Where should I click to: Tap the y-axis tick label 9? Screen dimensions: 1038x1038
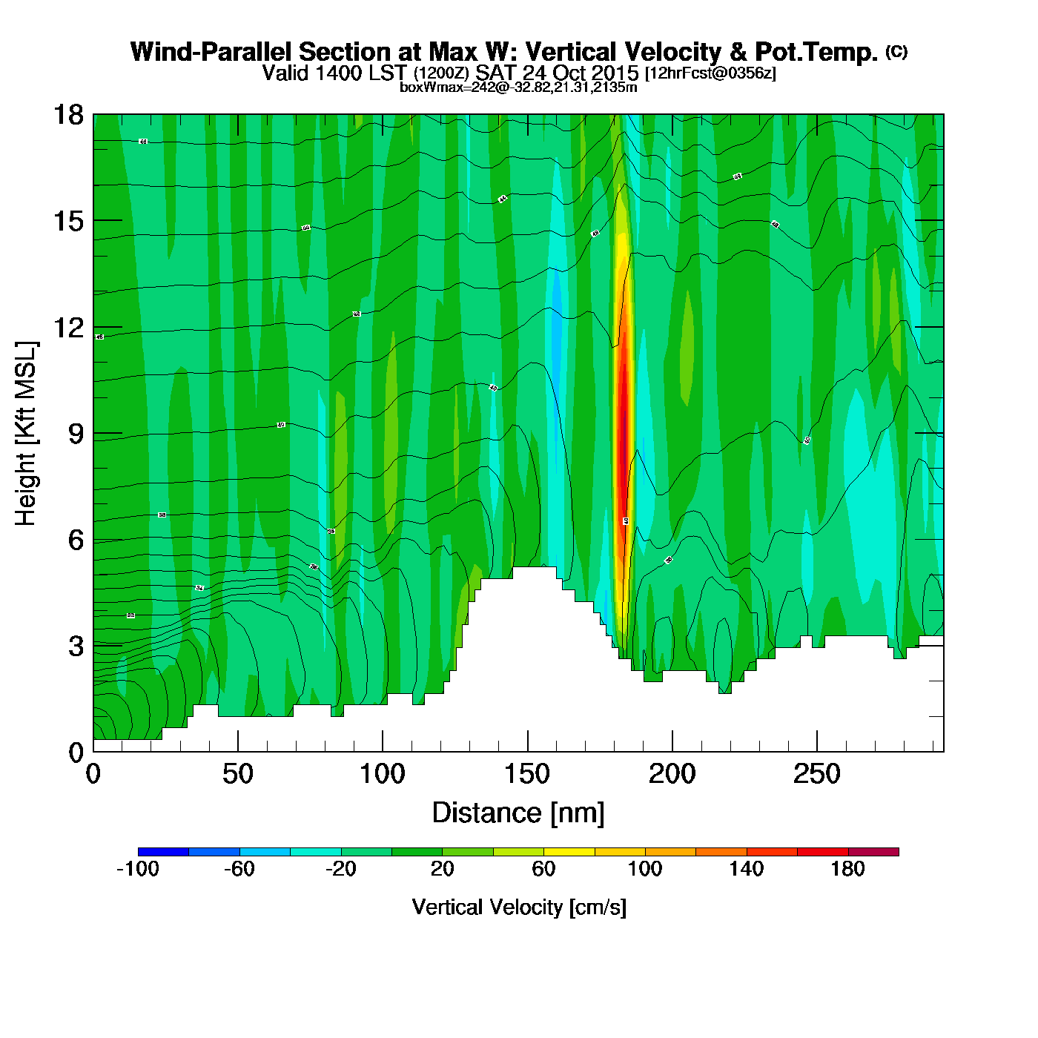pos(76,434)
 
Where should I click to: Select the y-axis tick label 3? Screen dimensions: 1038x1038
pos(76,647)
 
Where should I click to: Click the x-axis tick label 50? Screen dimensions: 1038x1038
pos(237,775)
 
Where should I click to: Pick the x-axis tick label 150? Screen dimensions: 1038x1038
pos(527,775)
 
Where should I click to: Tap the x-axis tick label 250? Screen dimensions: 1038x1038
pos(816,775)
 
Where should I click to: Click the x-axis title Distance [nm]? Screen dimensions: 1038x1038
pos(518,813)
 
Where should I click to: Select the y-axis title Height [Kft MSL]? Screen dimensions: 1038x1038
pos(26,434)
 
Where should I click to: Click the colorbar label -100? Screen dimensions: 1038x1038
pos(138,869)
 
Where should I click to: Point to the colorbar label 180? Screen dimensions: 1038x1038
pos(847,869)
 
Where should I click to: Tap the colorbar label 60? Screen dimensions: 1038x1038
pos(543,869)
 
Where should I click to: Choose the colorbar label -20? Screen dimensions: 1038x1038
pos(340,869)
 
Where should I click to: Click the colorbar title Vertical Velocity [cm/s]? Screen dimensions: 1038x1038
pos(518,908)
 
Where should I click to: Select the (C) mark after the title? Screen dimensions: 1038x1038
pos(896,51)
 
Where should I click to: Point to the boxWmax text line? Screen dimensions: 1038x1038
pos(518,87)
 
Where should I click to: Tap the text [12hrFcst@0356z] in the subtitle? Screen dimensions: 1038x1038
pos(710,73)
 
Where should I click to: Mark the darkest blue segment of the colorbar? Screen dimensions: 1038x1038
pos(163,852)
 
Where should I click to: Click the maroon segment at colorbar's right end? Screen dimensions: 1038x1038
pos(873,852)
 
